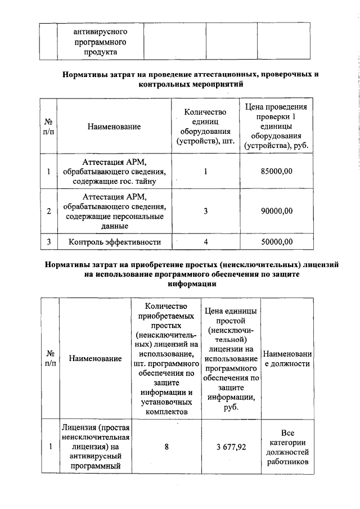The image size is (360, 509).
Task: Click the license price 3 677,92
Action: pyautogui.click(x=231, y=448)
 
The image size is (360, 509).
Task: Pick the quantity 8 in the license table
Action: pyautogui.click(x=166, y=448)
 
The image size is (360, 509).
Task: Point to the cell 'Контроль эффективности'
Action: pyautogui.click(x=115, y=242)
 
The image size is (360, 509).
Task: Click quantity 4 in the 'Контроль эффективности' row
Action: pyautogui.click(x=206, y=242)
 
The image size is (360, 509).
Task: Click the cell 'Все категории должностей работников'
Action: pyautogui.click(x=287, y=448)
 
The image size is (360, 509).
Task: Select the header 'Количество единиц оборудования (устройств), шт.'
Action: pyautogui.click(x=206, y=127)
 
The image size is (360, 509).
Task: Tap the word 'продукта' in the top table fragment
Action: pyautogui.click(x=100, y=52)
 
